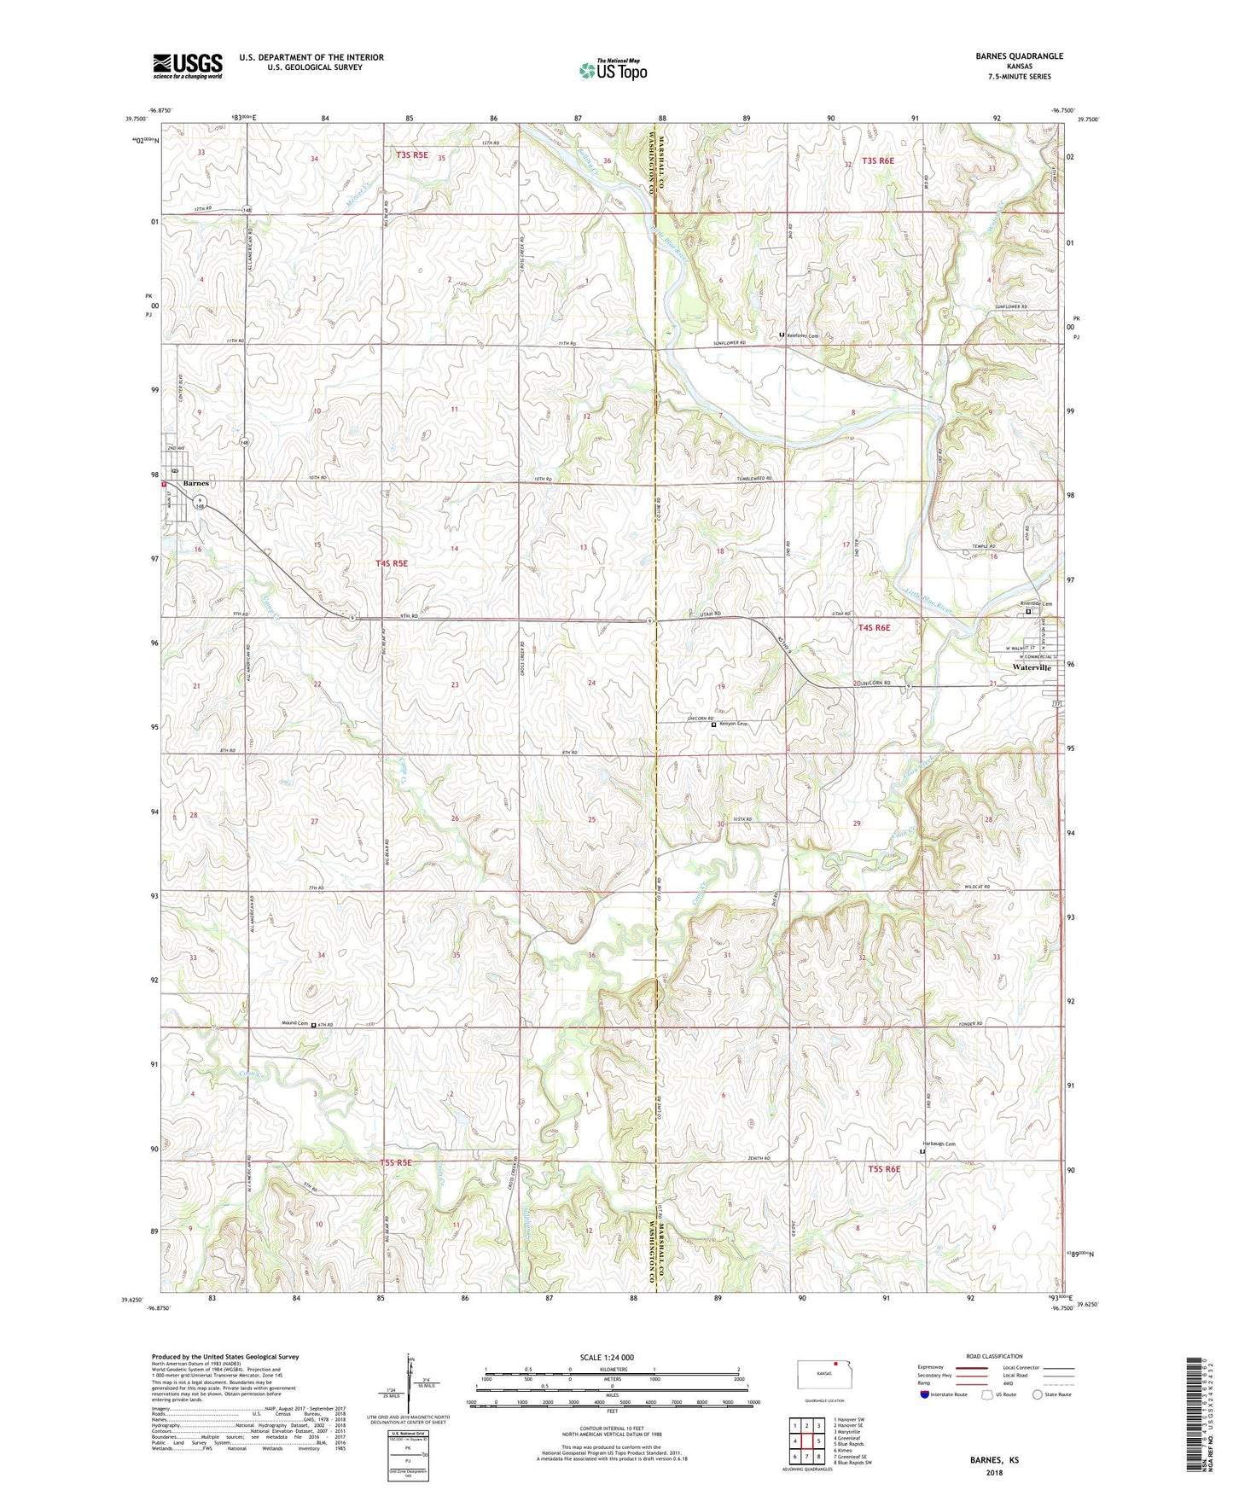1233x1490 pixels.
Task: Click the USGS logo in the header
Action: tap(187, 65)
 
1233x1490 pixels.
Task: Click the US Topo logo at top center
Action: tap(614, 69)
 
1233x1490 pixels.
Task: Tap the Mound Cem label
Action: tap(294, 1023)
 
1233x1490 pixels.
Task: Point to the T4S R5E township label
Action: tap(393, 563)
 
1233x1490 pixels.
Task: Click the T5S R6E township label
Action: tap(884, 1169)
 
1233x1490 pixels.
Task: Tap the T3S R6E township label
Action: tap(877, 160)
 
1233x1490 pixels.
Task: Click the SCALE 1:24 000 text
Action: tap(612, 1358)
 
